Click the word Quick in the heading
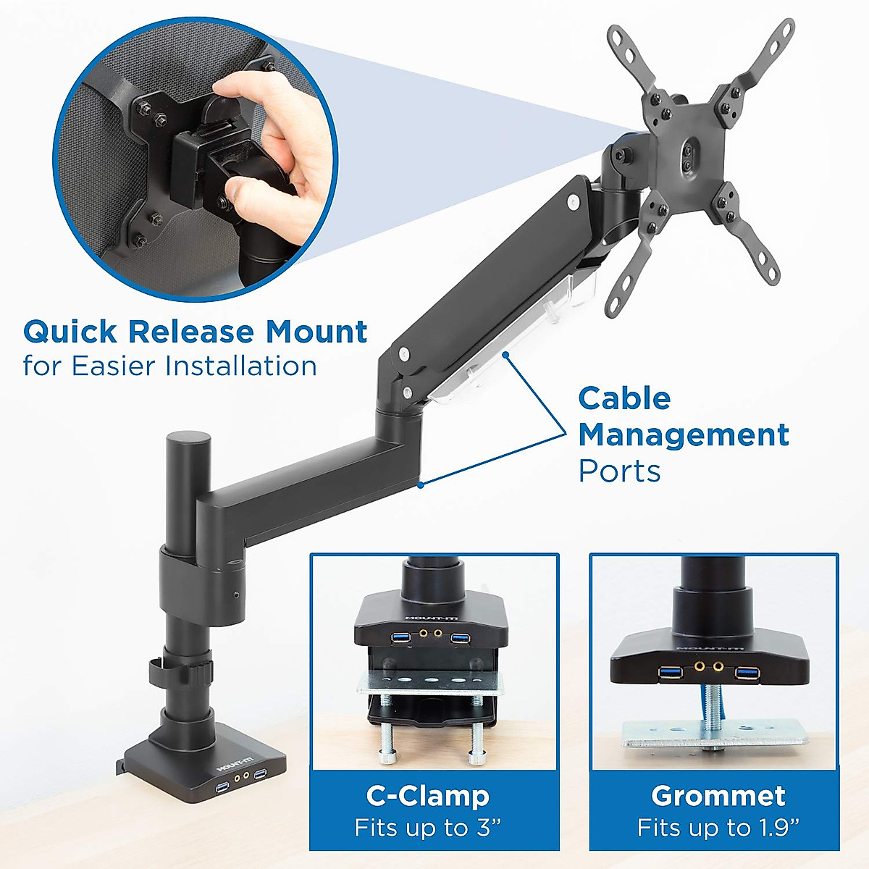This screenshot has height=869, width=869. tap(70, 332)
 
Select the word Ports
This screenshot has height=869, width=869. tap(619, 471)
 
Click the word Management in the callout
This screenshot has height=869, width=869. tap(683, 435)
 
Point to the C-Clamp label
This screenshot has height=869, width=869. tap(428, 796)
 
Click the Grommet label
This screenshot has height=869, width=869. tap(718, 796)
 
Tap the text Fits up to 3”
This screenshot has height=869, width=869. tap(428, 828)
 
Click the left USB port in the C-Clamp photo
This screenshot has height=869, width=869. tap(400, 637)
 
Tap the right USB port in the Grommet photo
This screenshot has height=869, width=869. tap(747, 673)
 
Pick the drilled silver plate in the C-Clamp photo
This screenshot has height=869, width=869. tap(432, 682)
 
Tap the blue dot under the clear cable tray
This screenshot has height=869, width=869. tap(506, 355)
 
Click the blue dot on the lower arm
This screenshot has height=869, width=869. tap(420, 485)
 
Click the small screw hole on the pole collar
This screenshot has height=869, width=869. tap(238, 596)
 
